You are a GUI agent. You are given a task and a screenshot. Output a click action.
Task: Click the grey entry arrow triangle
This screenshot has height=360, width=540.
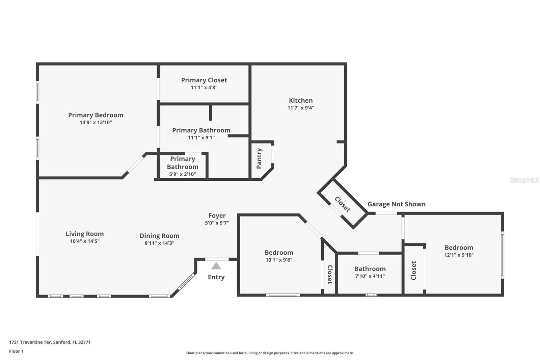click(x=216, y=266)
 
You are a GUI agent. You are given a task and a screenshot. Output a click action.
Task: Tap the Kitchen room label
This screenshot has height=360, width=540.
click(x=301, y=100)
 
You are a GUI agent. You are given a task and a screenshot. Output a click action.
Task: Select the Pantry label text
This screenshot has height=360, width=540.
click(x=259, y=158)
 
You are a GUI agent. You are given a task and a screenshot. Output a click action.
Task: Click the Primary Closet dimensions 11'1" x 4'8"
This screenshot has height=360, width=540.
click(x=204, y=87)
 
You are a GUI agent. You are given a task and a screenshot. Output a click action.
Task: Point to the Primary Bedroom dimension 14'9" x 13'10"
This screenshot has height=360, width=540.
click(x=96, y=122)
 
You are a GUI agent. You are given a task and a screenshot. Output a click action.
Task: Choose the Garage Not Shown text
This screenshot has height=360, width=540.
click(x=396, y=204)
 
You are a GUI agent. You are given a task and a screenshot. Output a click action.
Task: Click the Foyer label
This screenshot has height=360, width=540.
click(x=217, y=215)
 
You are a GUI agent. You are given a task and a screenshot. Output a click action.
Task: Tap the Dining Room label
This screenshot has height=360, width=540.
click(x=159, y=236)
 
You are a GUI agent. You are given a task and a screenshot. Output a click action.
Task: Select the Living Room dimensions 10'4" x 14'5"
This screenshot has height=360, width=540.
click(x=84, y=241)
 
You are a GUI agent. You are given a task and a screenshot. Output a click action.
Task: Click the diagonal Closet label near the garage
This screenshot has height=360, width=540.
click(x=342, y=204)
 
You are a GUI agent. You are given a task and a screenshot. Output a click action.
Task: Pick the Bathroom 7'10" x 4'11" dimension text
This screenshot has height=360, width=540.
click(x=370, y=276)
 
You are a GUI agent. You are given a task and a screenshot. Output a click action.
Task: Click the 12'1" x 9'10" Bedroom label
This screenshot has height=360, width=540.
click(x=459, y=248)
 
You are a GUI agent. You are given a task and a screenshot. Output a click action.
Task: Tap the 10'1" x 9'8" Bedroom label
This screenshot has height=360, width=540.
click(x=279, y=252)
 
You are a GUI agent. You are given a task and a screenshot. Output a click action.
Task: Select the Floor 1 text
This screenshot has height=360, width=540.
click(x=16, y=351)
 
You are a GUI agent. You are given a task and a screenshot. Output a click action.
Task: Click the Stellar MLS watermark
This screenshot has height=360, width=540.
click(x=524, y=180)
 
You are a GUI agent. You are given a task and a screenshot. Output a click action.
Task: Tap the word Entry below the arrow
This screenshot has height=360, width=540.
click(x=216, y=277)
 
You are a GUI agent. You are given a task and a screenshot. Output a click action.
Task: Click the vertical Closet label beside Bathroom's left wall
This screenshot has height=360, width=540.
click(x=330, y=274)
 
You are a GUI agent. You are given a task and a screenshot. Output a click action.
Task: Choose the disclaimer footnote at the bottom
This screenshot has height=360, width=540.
click(x=270, y=353)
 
